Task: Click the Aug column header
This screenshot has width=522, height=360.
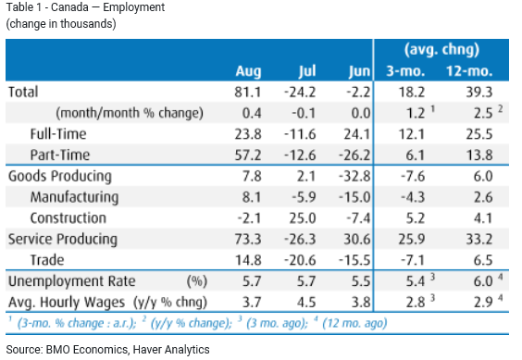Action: click(248, 71)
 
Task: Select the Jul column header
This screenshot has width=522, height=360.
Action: click(306, 71)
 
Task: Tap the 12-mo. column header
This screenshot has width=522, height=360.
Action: click(469, 71)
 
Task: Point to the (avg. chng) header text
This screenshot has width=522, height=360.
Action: click(441, 50)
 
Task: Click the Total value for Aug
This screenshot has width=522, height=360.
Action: click(248, 93)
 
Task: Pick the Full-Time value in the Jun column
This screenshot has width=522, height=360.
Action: click(357, 134)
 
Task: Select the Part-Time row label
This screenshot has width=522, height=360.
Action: click(60, 155)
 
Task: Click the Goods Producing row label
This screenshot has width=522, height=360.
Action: click(60, 177)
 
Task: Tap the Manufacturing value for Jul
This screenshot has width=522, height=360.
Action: click(304, 197)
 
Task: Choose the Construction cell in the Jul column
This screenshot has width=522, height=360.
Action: click(303, 218)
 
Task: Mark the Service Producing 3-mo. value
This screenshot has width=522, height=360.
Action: click(412, 239)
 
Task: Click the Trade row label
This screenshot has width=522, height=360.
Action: click(47, 260)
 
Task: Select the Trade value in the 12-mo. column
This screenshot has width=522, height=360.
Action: click(483, 260)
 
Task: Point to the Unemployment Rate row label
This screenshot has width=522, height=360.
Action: click(72, 281)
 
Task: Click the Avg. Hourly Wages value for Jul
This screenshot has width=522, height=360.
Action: click(306, 302)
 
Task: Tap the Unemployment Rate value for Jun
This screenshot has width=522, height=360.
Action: click(361, 281)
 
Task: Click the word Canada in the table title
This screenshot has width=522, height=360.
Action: click(69, 7)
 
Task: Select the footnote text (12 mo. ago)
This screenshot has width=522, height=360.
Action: click(354, 323)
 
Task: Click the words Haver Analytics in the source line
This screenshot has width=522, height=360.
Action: click(171, 349)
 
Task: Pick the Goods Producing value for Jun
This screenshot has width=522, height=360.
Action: click(354, 176)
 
